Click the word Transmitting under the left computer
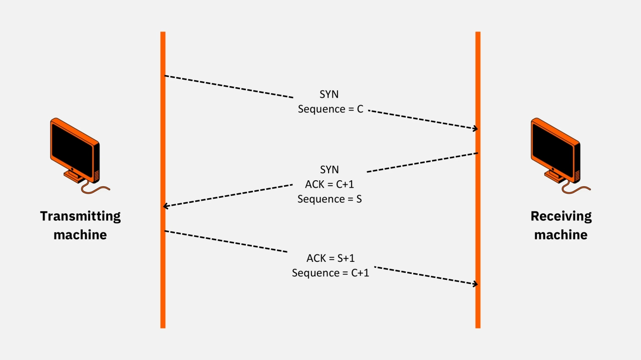pyautogui.click(x=81, y=216)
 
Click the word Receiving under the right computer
pyautogui.click(x=561, y=216)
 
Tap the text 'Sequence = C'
pyautogui.click(x=331, y=109)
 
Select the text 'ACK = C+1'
pyautogui.click(x=330, y=184)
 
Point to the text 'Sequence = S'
pyautogui.click(x=330, y=199)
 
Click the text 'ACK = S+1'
pyautogui.click(x=331, y=258)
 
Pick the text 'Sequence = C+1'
pyautogui.click(x=331, y=273)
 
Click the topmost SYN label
pyautogui.click(x=329, y=94)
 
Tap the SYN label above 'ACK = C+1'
pyautogui.click(x=330, y=170)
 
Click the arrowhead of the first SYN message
pyautogui.click(x=476, y=129)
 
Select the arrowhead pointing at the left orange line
pyautogui.click(x=165, y=206)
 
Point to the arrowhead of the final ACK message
pyautogui.click(x=476, y=284)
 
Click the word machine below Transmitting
pyautogui.click(x=80, y=235)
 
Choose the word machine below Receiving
pyautogui.click(x=561, y=235)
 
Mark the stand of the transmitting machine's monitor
pyautogui.click(x=74, y=176)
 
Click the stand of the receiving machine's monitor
pyautogui.click(x=555, y=176)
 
